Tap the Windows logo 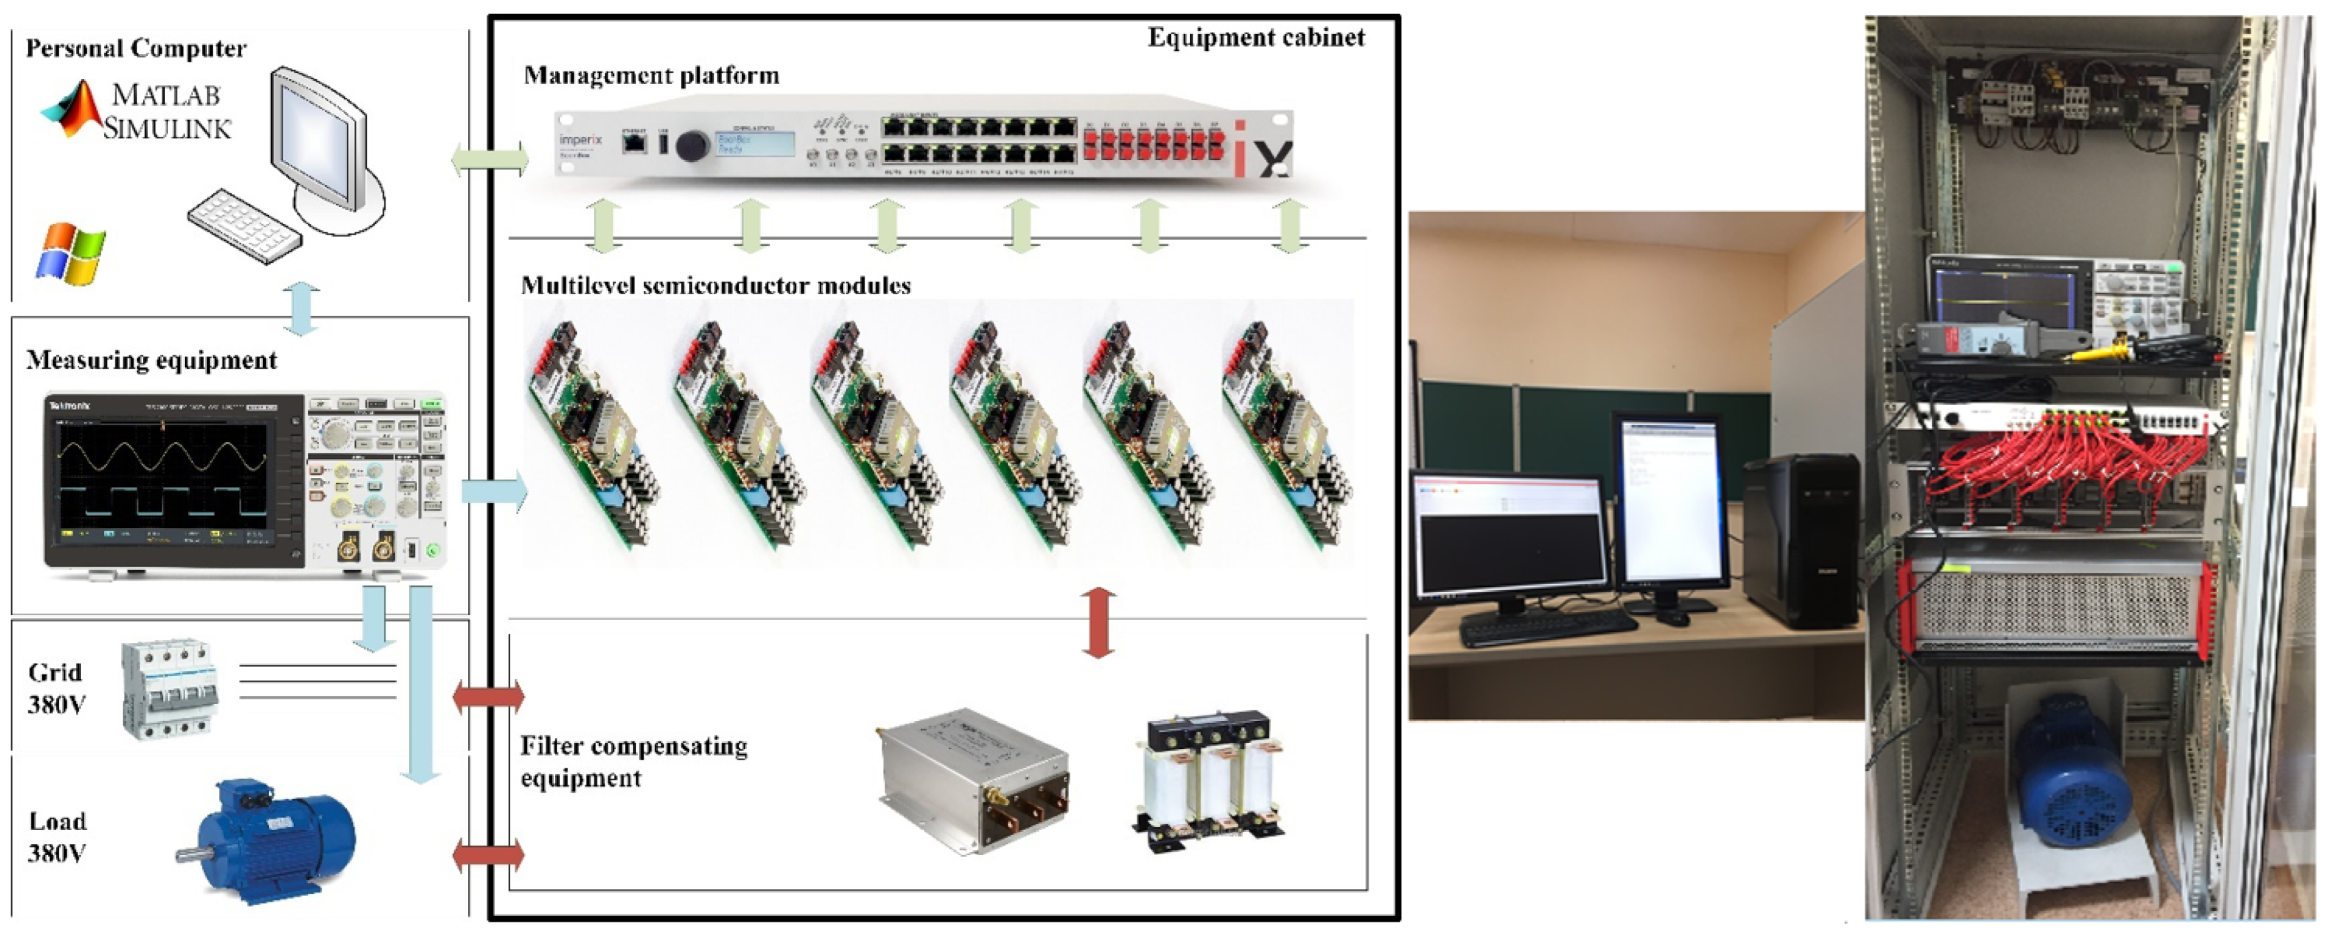click(x=71, y=254)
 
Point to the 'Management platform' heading click(x=651, y=75)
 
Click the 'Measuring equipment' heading click(x=151, y=360)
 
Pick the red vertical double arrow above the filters click(x=1099, y=623)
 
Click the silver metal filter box click(x=975, y=780)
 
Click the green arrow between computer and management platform click(x=489, y=160)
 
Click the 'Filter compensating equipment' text click(x=633, y=761)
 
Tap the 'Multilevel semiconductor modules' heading click(x=715, y=286)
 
